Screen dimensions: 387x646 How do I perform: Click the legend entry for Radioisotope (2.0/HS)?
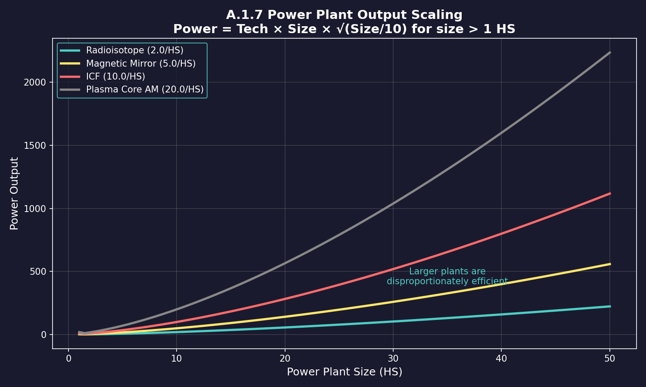point(134,50)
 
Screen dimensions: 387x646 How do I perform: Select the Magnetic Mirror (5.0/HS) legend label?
point(141,64)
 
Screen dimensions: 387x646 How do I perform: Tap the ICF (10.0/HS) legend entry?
point(115,77)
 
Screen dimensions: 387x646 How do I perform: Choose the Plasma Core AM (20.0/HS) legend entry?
point(145,89)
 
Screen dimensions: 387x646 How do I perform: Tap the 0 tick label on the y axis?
point(44,335)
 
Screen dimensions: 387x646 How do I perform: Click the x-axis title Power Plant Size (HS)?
point(345,372)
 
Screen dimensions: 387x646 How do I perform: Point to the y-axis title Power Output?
point(14,193)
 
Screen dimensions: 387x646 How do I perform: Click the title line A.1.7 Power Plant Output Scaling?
point(344,15)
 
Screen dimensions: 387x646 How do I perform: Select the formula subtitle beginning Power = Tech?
point(344,29)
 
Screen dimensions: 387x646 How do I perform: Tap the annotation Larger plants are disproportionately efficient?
point(447,276)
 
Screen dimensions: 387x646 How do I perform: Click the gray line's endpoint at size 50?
point(610,52)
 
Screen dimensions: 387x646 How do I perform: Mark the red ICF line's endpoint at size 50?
point(610,193)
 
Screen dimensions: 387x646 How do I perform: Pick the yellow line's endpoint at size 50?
point(610,264)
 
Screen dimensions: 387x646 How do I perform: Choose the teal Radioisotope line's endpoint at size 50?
point(610,306)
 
